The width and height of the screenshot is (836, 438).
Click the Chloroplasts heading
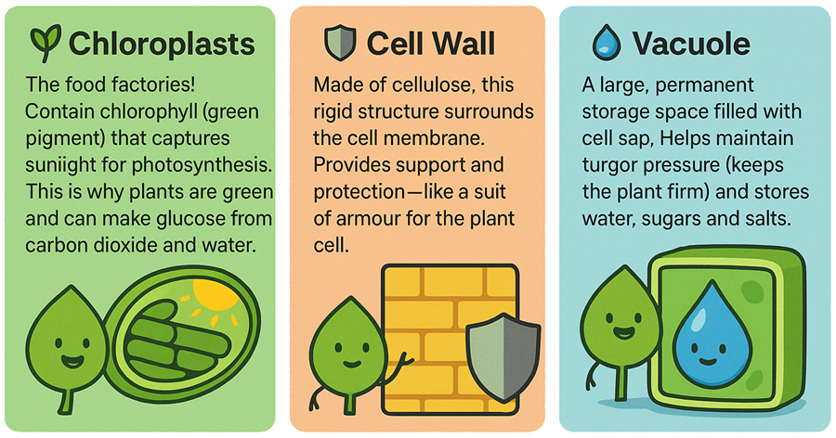tap(162, 44)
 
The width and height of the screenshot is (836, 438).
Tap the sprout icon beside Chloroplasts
tap(46, 43)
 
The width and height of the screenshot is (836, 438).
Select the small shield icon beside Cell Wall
tap(340, 44)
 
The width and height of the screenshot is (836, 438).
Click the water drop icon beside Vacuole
tap(607, 43)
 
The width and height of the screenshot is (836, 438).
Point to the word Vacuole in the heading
tap(691, 44)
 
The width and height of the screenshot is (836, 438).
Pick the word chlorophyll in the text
tap(138, 112)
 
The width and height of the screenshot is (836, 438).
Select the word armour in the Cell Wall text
tap(366, 219)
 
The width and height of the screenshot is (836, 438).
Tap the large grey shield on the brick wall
tap(503, 357)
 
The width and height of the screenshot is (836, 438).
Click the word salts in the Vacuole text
tap(764, 219)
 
